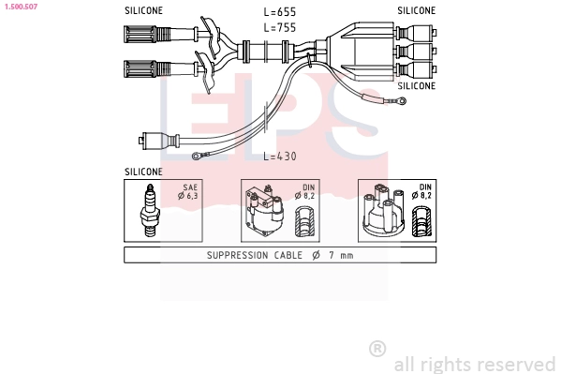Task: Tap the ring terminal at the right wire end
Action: pyautogui.click(x=401, y=99)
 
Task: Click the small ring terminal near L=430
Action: pyautogui.click(x=198, y=157)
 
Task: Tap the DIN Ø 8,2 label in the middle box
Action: pyautogui.click(x=306, y=192)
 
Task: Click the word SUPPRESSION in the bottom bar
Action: pyautogui.click(x=238, y=255)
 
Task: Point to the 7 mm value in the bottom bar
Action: pyautogui.click(x=343, y=255)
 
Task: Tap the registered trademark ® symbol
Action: pyautogui.click(x=377, y=349)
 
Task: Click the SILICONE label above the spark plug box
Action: pyautogui.click(x=143, y=172)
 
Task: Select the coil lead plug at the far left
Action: pyautogui.click(x=155, y=142)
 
